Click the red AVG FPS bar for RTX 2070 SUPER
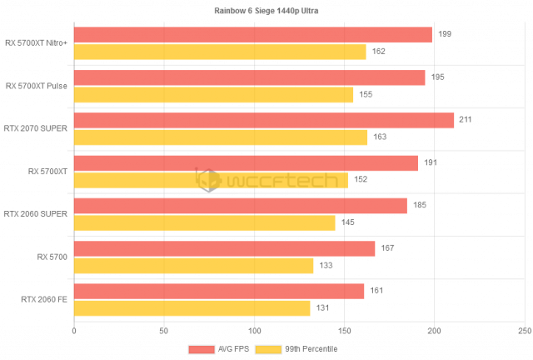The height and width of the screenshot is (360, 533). pyautogui.click(x=264, y=121)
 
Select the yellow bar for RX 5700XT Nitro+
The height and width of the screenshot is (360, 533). pyautogui.click(x=220, y=52)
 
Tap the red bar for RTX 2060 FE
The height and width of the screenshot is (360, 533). pyautogui.click(x=219, y=292)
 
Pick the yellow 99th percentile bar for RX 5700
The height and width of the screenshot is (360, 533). pyautogui.click(x=194, y=266)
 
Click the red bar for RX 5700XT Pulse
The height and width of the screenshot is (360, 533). pyautogui.click(x=250, y=77)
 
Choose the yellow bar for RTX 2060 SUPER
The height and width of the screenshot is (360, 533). pyautogui.click(x=205, y=222)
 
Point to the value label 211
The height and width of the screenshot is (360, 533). pyautogui.click(x=466, y=120)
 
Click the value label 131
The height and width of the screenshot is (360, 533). pyautogui.click(x=321, y=308)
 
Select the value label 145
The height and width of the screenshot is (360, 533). pyautogui.click(x=346, y=222)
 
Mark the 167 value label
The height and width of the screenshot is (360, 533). pyautogui.click(x=386, y=248)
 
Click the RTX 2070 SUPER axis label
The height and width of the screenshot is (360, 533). pyautogui.click(x=36, y=128)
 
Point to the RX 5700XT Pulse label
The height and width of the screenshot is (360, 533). pyautogui.click(x=36, y=86)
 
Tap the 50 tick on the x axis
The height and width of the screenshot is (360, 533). pyautogui.click(x=164, y=331)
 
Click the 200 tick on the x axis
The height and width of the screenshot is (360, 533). pyautogui.click(x=434, y=331)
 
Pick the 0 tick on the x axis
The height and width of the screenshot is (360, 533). pyautogui.click(x=74, y=331)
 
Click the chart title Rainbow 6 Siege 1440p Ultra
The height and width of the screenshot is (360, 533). pyautogui.click(x=266, y=12)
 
